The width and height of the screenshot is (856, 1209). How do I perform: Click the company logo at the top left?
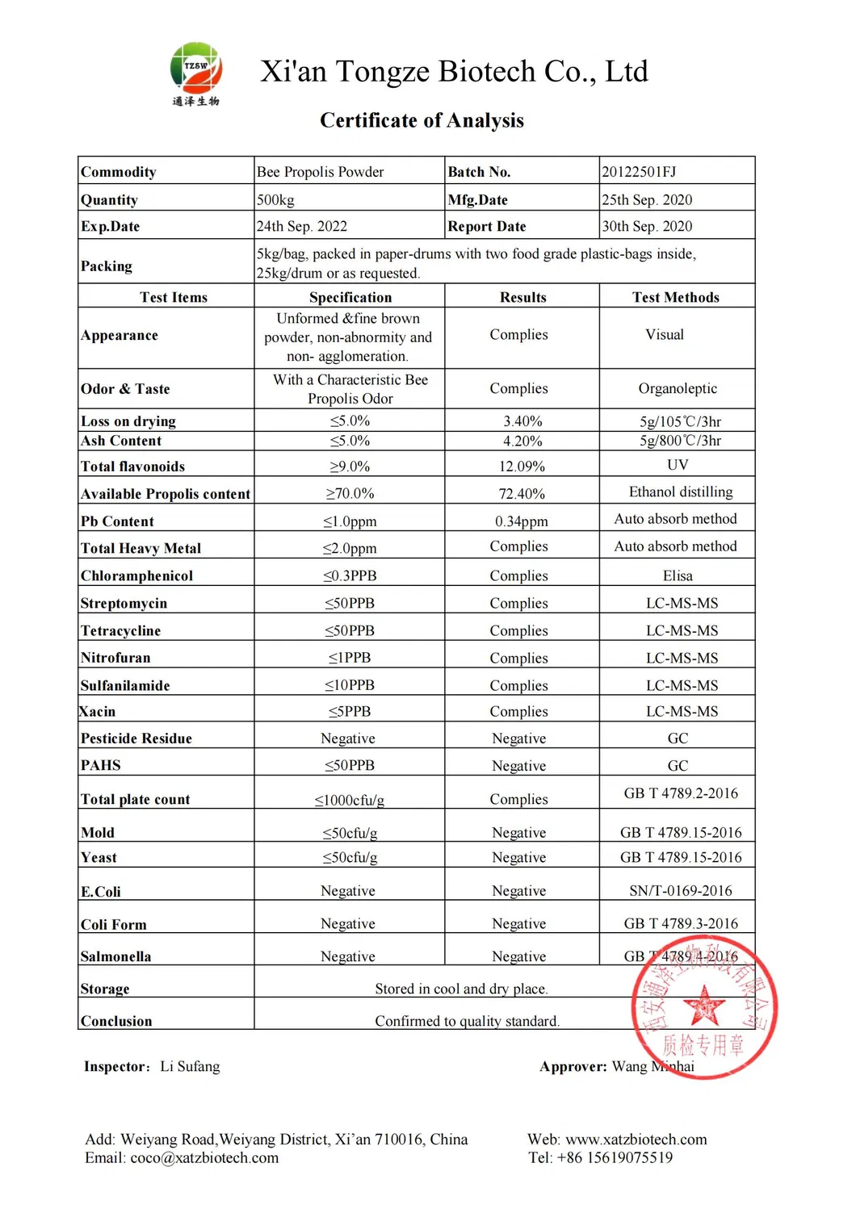coord(195,73)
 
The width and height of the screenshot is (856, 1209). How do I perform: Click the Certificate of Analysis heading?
coord(422,120)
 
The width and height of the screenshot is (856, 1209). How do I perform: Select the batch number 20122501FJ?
coord(639,172)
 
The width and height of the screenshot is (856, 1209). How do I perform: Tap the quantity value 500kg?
coord(275,200)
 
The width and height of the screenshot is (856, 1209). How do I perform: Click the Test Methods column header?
coord(676,297)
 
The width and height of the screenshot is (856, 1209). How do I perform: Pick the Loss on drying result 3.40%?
coord(522,421)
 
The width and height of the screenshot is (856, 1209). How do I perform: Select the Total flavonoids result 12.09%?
coord(522,466)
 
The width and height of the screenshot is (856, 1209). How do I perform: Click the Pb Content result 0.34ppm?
coord(521,521)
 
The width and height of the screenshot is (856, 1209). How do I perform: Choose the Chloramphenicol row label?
coord(136,575)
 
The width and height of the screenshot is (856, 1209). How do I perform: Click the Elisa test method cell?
coord(678,575)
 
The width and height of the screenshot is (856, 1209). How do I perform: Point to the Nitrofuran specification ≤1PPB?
coord(350,658)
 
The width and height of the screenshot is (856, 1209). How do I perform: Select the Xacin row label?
coord(98,711)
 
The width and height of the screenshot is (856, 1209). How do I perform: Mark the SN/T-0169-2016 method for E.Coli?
coord(681,890)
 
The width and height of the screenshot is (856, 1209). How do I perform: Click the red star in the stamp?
coord(704,1006)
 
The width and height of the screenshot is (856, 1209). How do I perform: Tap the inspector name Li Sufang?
coord(190,1066)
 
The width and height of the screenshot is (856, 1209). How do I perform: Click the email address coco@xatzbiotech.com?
coord(204,1157)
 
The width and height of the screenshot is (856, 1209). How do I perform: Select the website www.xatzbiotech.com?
coord(636,1139)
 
